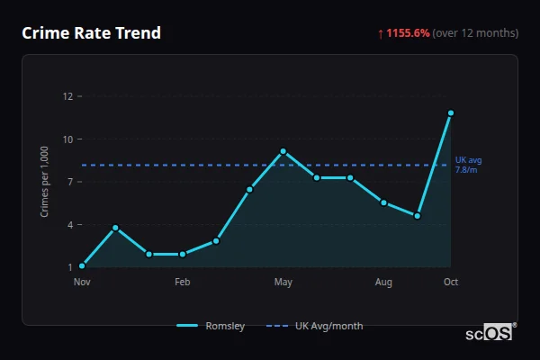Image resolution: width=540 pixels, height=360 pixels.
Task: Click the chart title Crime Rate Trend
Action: click(x=91, y=33)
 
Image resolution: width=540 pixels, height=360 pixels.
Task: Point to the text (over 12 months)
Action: click(x=475, y=33)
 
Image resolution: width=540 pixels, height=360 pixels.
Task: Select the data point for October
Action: click(x=451, y=113)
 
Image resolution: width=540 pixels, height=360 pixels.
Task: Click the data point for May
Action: click(x=283, y=151)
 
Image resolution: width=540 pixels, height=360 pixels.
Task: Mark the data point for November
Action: click(x=82, y=265)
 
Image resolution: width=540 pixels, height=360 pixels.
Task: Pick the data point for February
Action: click(x=183, y=254)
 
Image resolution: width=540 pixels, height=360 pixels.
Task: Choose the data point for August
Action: click(x=383, y=202)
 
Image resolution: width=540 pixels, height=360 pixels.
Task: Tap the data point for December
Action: click(x=115, y=228)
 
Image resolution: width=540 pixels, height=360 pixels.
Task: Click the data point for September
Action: click(x=418, y=216)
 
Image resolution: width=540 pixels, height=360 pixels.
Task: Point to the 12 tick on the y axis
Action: click(x=67, y=96)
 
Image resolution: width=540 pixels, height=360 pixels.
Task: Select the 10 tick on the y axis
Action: click(x=67, y=139)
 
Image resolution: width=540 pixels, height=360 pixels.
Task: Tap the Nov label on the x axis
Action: click(x=82, y=283)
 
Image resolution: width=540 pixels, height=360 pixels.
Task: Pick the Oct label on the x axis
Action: click(x=451, y=283)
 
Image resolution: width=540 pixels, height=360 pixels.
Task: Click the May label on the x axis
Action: click(x=283, y=283)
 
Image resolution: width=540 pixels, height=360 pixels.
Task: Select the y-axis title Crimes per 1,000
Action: click(x=44, y=181)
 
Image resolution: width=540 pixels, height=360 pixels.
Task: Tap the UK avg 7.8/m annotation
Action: click(x=467, y=165)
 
